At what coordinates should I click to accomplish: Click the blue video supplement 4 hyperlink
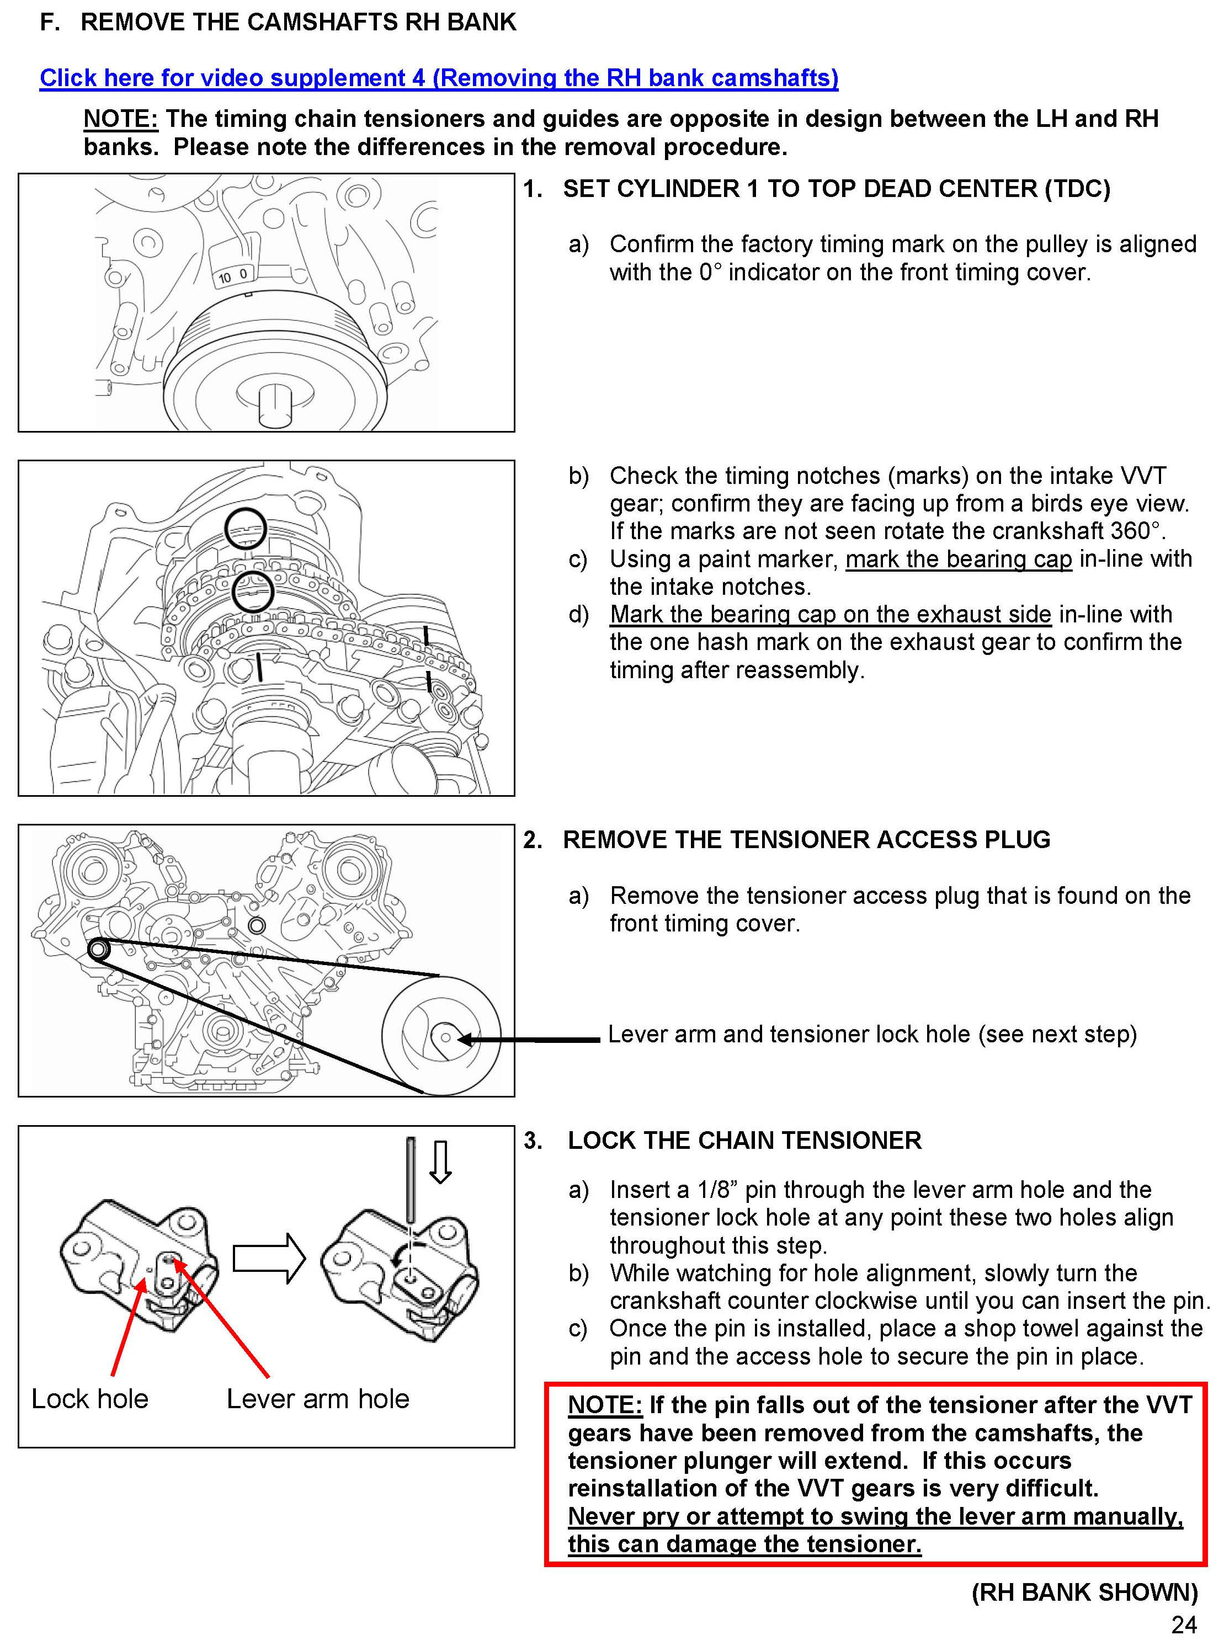click(439, 78)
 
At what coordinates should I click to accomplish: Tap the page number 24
click(1183, 1624)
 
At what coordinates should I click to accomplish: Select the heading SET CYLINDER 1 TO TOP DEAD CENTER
click(835, 189)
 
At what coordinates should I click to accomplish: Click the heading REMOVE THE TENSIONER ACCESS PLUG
click(806, 839)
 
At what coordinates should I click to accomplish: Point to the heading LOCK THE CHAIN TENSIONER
click(744, 1140)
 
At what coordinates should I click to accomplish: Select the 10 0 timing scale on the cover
click(232, 275)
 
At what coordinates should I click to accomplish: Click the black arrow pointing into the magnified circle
click(530, 1040)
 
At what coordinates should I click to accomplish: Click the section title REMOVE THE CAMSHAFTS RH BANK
click(298, 22)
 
